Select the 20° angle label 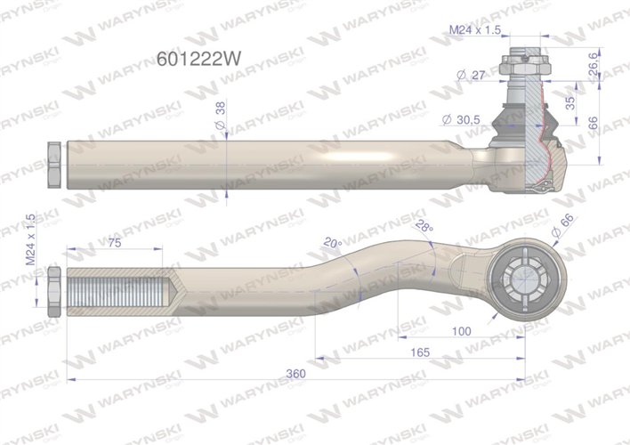pos(333,242)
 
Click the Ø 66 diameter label pos(565,227)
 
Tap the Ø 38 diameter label pos(221,109)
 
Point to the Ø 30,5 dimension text pos(461,119)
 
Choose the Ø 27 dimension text pos(469,76)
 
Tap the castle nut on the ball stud pos(521,67)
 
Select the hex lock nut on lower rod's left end pos(52,292)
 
